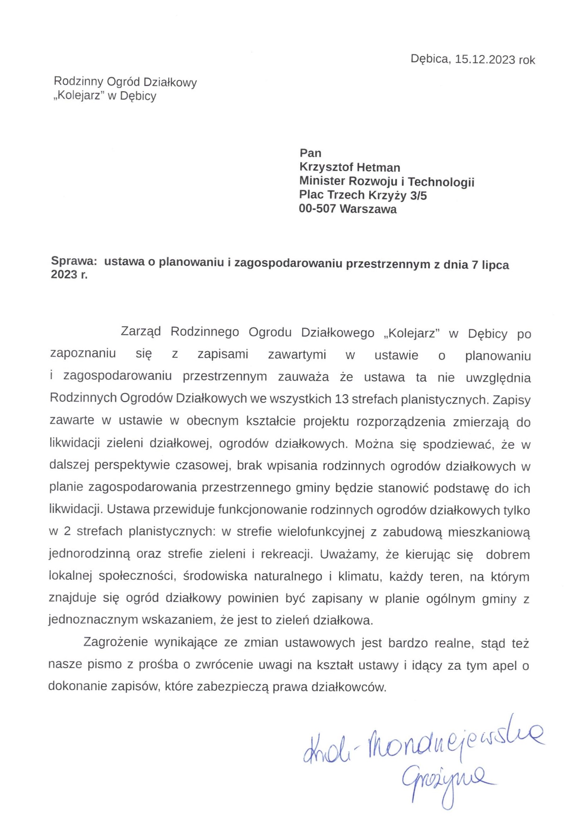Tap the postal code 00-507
(317, 209)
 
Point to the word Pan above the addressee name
(310, 153)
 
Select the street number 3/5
(418, 195)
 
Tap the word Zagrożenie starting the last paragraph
(116, 642)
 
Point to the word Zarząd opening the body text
(141, 332)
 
